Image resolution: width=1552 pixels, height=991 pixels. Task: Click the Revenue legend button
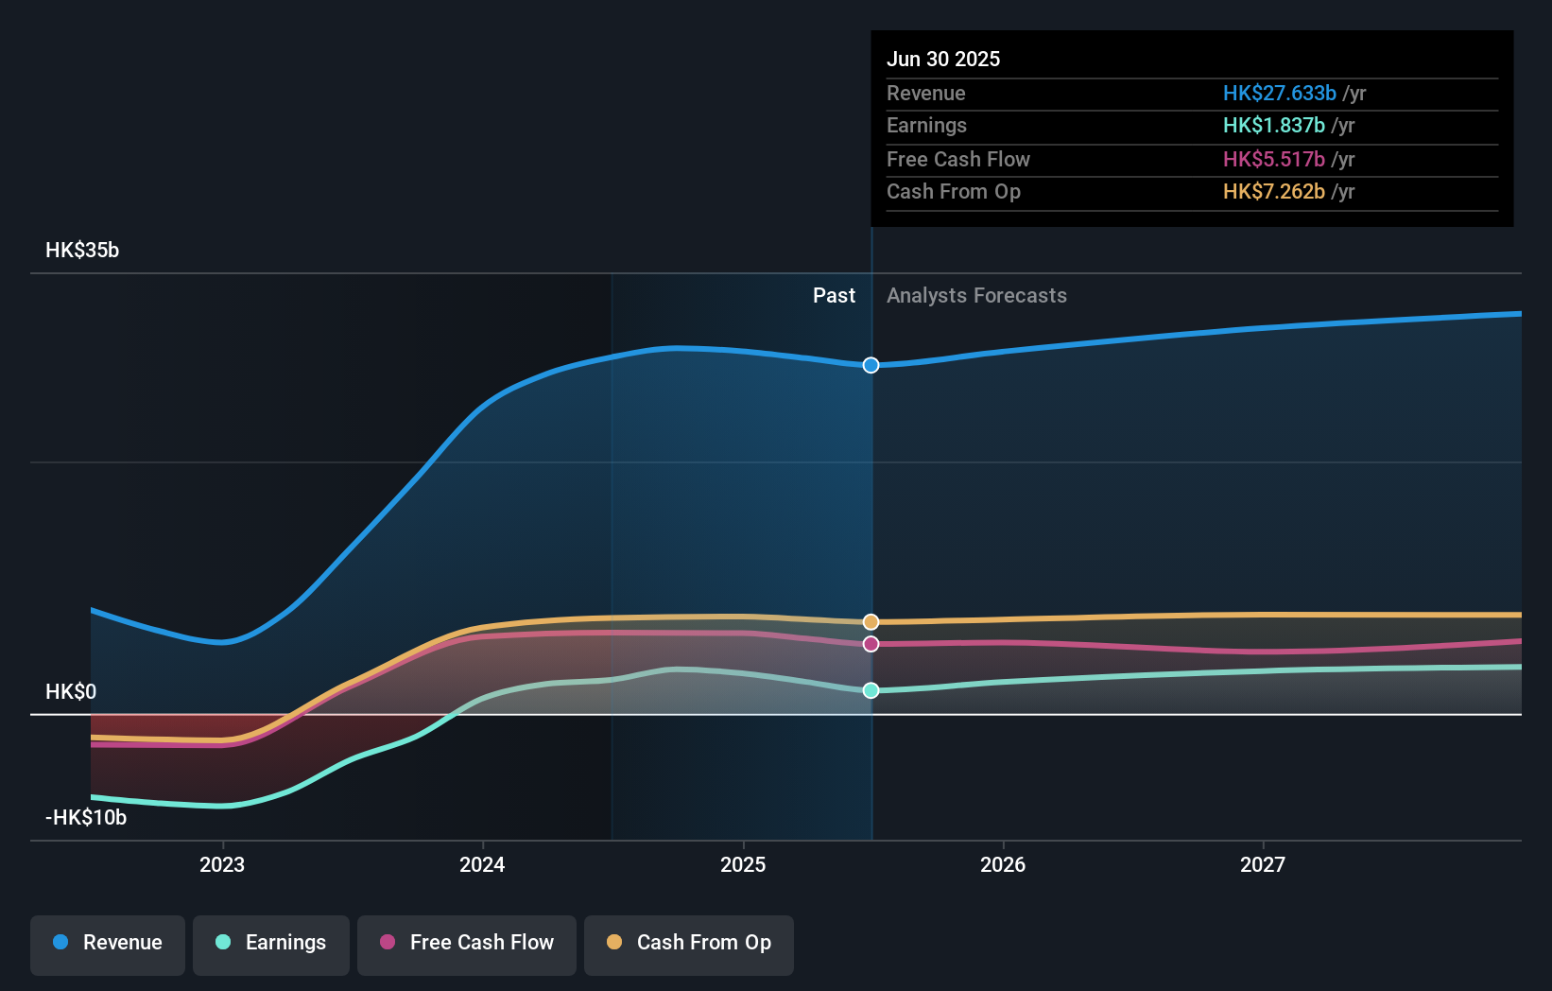point(108,943)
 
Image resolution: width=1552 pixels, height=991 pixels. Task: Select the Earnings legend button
point(271,943)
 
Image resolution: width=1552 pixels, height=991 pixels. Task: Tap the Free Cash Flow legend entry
point(467,943)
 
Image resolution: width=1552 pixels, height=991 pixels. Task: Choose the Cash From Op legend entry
point(689,943)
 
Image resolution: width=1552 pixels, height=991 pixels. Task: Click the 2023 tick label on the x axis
point(222,864)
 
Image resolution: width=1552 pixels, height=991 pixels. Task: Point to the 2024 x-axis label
point(482,864)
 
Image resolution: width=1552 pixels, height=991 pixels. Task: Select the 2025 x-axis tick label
point(743,864)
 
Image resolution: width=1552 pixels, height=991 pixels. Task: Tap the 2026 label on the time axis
point(1003,864)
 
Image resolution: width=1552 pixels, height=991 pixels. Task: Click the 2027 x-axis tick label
point(1263,864)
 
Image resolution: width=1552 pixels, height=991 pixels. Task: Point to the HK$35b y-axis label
point(82,251)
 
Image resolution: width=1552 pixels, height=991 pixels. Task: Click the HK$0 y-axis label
point(71,692)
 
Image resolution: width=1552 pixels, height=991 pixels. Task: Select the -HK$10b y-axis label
point(86,818)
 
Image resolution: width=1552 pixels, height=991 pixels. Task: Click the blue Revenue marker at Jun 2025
point(871,365)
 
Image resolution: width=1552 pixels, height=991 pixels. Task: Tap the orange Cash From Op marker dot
point(871,622)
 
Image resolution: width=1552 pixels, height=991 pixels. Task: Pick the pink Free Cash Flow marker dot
point(871,644)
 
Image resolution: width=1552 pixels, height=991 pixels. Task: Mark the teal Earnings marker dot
point(871,690)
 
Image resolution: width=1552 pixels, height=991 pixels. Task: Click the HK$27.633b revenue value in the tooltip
point(1279,94)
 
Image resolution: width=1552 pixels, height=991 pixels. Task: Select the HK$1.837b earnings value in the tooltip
point(1273,126)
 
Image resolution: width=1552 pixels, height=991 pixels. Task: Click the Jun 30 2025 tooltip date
point(943,60)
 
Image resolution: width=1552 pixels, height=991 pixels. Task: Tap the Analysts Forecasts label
point(976,296)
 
